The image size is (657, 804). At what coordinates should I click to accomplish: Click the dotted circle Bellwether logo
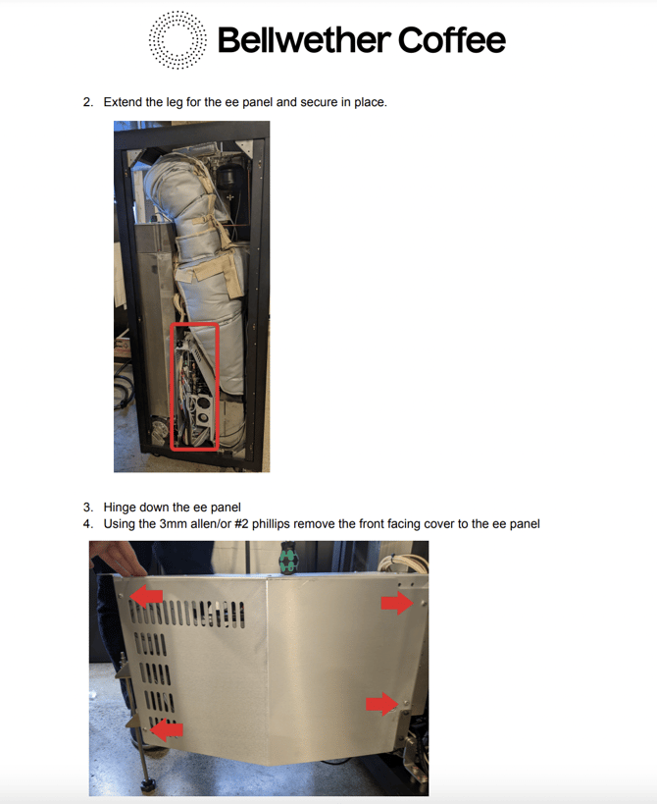(x=177, y=40)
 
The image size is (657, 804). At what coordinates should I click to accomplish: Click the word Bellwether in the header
(x=304, y=40)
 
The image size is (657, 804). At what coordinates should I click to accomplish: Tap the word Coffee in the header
(x=452, y=40)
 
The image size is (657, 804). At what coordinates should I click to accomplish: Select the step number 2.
(x=88, y=102)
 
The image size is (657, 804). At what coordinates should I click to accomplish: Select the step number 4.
(x=88, y=524)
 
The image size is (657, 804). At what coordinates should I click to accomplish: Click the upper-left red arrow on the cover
(x=146, y=596)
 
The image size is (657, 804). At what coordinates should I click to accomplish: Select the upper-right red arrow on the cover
(x=397, y=603)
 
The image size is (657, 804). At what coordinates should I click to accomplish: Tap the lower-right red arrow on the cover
(x=382, y=704)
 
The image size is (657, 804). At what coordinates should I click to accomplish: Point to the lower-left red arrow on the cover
(x=167, y=729)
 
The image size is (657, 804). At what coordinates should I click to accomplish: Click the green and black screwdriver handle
(x=288, y=560)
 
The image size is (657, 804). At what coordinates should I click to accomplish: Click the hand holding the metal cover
(x=120, y=559)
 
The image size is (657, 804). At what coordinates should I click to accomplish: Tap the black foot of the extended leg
(x=148, y=784)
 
